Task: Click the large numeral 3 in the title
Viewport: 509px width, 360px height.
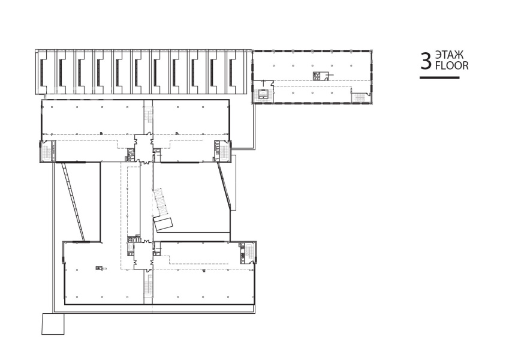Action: pos(426,62)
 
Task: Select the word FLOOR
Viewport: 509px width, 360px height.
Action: pos(451,65)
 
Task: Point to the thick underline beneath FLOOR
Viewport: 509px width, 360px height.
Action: pos(439,77)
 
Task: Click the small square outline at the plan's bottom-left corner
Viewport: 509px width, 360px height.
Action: pos(53,324)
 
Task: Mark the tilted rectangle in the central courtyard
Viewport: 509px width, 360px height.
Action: pos(164,224)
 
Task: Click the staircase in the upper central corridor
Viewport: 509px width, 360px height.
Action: pos(148,116)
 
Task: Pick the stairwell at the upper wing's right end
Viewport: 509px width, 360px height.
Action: pos(222,151)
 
